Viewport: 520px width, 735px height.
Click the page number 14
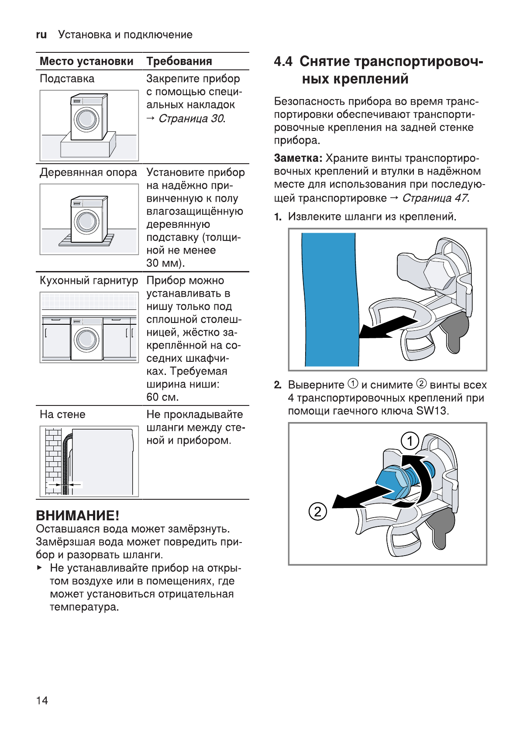coord(42,701)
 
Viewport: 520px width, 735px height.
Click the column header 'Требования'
coord(179,62)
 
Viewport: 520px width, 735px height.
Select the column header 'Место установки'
coord(86,62)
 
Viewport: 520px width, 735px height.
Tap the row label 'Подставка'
coord(67,79)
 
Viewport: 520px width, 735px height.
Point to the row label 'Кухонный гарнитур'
coord(89,281)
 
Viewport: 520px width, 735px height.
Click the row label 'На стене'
coord(62,415)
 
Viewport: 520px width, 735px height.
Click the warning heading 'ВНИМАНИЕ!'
coord(77,515)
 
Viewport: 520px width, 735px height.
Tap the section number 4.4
coord(283,62)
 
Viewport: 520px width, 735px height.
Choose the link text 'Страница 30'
coord(191,118)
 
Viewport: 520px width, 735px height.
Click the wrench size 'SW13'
coord(432,411)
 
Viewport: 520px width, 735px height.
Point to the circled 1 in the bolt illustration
coord(410,441)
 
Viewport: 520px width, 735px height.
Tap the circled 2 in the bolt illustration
coord(317,511)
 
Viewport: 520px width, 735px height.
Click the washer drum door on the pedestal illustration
coord(86,119)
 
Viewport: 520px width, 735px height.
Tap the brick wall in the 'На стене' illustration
coord(53,458)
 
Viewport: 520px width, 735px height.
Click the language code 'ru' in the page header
coord(41,35)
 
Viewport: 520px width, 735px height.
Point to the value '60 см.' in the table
coord(162,397)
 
